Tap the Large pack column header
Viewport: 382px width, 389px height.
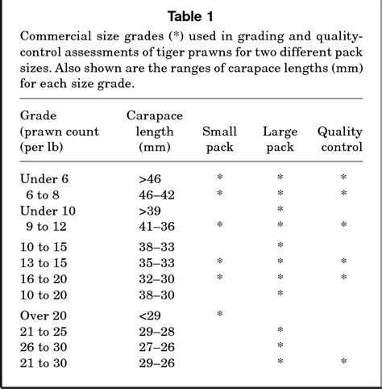pos(280,140)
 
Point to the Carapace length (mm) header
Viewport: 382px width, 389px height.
pos(152,132)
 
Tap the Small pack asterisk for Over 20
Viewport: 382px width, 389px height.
pos(220,314)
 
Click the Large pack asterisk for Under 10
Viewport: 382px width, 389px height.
pos(280,210)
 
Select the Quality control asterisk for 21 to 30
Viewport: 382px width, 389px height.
pos(343,362)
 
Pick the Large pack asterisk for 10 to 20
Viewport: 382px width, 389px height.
pos(280,295)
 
